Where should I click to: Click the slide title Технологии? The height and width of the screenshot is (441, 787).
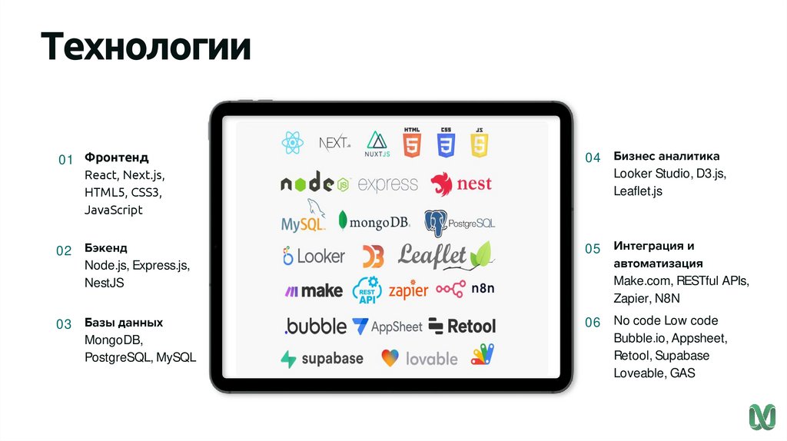tap(146, 46)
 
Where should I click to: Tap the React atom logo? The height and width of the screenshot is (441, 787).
tap(292, 142)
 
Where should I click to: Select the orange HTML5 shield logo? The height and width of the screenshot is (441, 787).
tap(413, 142)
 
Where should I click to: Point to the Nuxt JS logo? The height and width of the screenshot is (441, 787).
tap(377, 144)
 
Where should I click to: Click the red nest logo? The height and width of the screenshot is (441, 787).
tap(461, 184)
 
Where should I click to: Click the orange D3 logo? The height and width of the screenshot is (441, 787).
tap(373, 256)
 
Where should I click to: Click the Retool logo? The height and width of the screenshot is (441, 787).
tap(461, 326)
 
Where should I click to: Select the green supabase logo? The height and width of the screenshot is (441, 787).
tap(322, 359)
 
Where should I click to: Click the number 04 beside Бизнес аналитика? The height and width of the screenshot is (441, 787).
tap(592, 157)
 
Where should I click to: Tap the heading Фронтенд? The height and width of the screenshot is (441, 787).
tap(117, 157)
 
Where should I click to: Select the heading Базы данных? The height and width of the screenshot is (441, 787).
tap(124, 323)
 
